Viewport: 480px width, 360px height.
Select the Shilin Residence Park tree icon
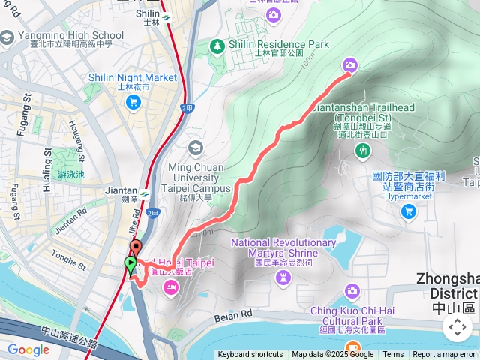217,46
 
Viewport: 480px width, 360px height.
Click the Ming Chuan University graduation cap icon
196,147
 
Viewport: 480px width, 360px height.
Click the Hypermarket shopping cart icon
408,211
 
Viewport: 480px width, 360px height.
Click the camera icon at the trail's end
350,66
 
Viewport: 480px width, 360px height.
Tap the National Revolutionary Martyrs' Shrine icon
283,278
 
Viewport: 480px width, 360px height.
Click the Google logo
28,349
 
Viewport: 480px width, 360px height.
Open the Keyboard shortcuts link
250,355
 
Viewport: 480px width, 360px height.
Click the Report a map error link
445,355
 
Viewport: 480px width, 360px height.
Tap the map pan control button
457,326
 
